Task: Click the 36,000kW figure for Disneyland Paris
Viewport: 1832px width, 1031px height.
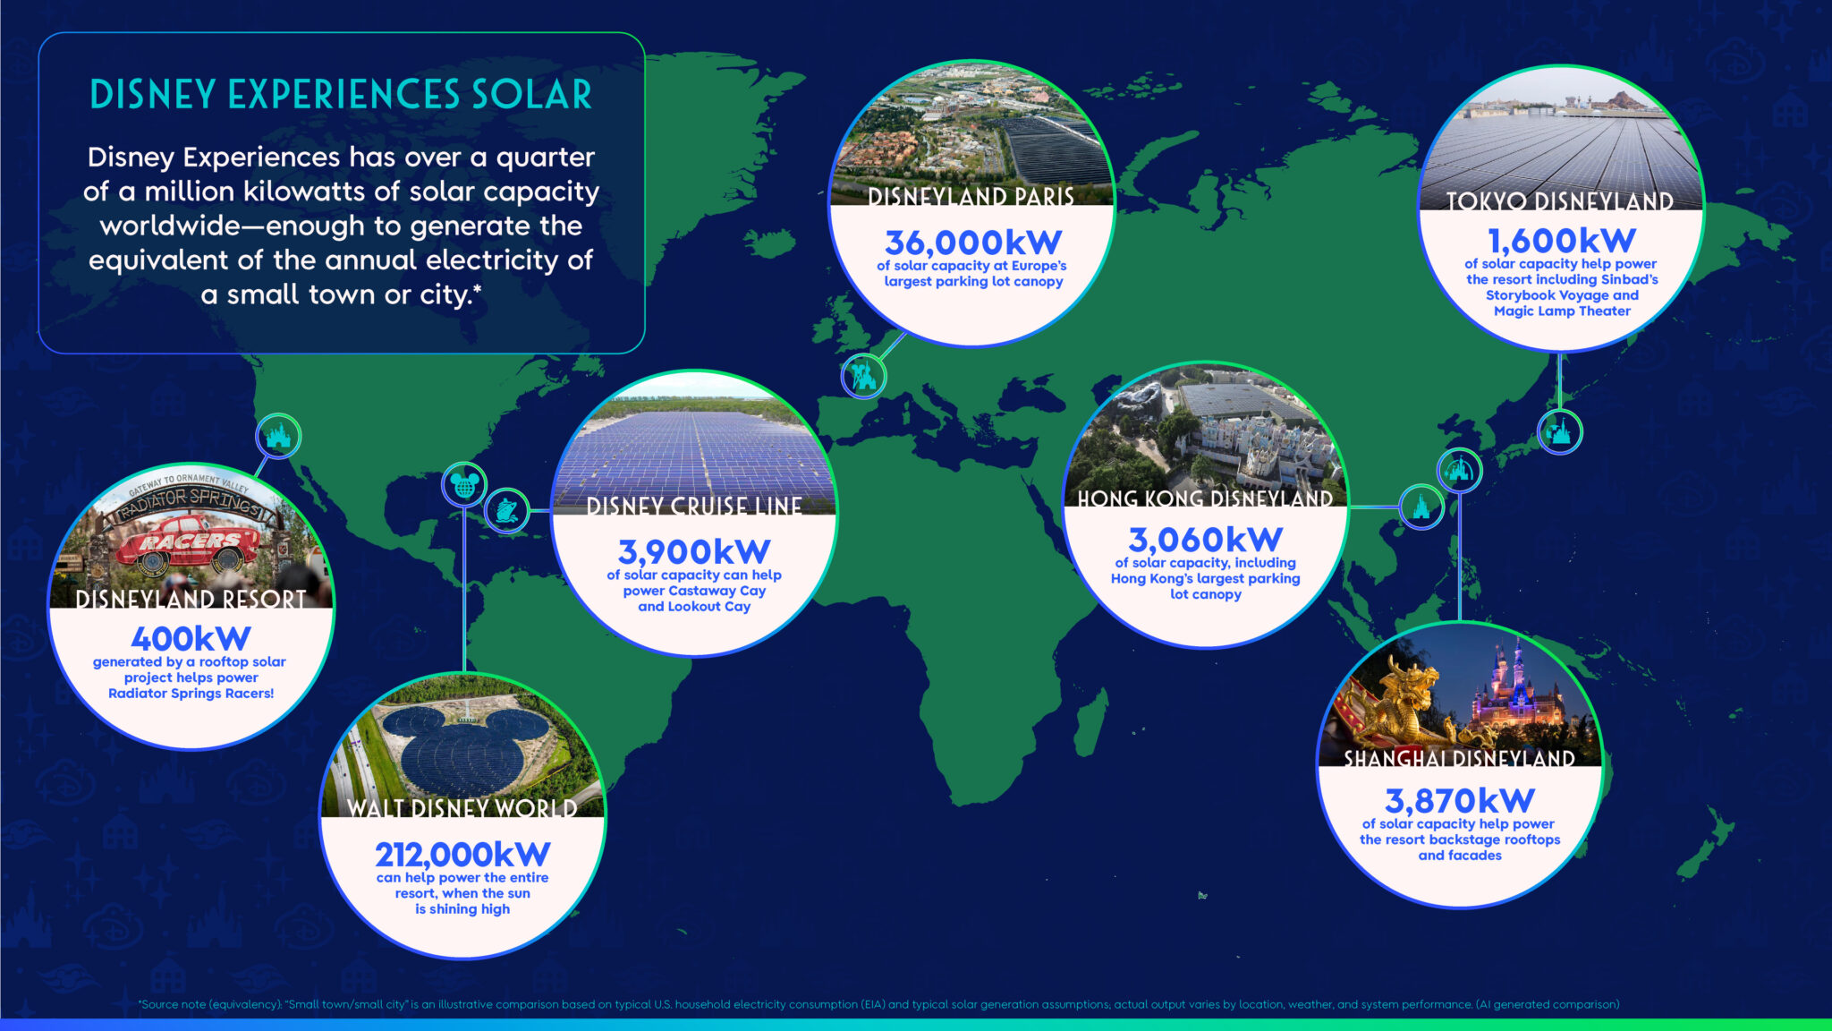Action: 973,243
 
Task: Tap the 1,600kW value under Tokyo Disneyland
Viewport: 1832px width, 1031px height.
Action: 1561,241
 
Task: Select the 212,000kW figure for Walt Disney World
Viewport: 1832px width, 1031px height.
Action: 462,855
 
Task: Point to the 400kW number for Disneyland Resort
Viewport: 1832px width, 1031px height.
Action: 191,639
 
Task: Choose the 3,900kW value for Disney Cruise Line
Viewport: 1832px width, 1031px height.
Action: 694,552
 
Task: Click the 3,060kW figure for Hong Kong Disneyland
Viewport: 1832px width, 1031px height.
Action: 1205,541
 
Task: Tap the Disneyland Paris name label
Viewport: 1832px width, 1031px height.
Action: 971,196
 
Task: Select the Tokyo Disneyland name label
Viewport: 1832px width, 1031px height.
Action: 1560,201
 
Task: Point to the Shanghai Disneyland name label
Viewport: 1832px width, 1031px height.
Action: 1459,758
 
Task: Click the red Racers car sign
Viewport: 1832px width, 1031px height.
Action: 189,541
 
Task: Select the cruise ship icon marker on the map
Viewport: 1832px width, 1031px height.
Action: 506,511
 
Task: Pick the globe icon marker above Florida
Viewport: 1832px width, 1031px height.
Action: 464,485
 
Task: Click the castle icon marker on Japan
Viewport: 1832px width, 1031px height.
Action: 1559,432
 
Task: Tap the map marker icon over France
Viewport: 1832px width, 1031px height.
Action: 863,376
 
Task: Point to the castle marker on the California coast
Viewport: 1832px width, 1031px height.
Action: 278,437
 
